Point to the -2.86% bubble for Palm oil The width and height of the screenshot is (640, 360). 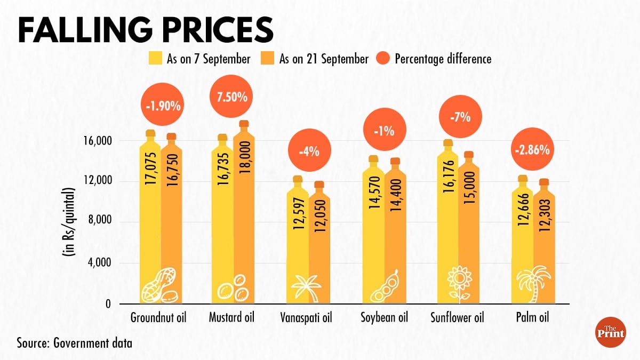pyautogui.click(x=532, y=150)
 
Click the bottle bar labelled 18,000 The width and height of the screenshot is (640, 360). pyautogui.click(x=244, y=213)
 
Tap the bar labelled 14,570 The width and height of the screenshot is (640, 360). pyautogui.click(x=373, y=229)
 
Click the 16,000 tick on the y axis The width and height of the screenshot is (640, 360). pyautogui.click(x=95, y=141)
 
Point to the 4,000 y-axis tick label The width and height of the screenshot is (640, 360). pyautogui.click(x=98, y=263)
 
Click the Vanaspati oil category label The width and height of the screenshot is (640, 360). pyautogui.click(x=306, y=318)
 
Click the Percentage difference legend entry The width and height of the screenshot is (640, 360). pyautogui.click(x=443, y=59)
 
